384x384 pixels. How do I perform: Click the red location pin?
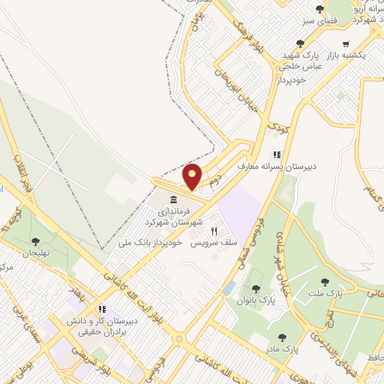tap(193, 175)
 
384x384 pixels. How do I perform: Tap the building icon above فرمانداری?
tap(174, 199)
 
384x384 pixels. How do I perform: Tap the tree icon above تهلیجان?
tap(35, 241)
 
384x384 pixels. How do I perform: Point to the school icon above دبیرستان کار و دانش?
tap(102, 309)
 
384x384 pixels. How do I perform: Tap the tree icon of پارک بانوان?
tap(256, 288)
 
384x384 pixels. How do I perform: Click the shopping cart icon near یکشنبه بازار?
tap(345, 43)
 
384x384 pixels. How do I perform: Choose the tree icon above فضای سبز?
tap(320, 9)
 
